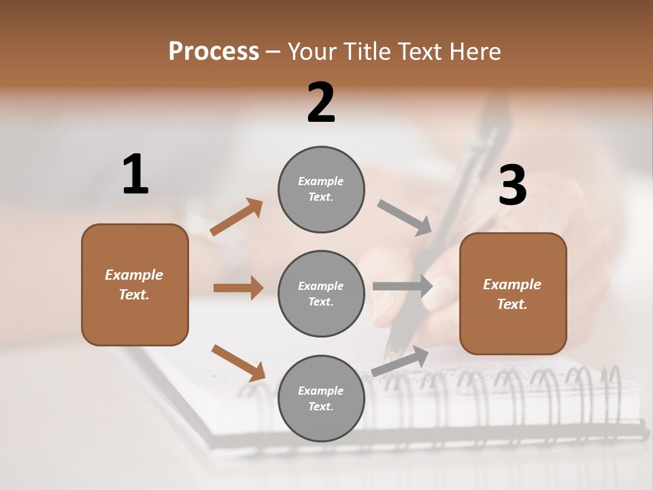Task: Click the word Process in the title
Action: [x=214, y=52]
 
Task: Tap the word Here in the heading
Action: [x=475, y=52]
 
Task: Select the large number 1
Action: [x=135, y=175]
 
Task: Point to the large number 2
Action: [x=321, y=103]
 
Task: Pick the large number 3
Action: [x=512, y=186]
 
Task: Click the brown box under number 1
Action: [x=135, y=284]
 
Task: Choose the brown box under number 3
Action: [x=513, y=294]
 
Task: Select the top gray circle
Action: [x=321, y=189]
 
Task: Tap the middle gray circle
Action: [x=321, y=293]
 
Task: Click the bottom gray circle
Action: [x=321, y=398]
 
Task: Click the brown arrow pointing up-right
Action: [x=237, y=217]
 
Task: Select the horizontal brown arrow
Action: [x=238, y=288]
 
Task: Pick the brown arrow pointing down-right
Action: [x=238, y=362]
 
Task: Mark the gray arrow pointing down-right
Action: [x=404, y=217]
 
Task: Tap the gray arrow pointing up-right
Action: [x=400, y=361]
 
